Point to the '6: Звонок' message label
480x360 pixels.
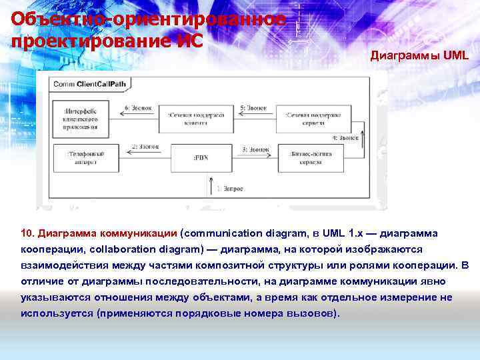click(x=138, y=107)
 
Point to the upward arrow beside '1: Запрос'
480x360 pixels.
click(x=211, y=187)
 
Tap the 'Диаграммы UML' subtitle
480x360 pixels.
click(x=419, y=56)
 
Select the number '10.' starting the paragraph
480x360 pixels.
click(x=28, y=234)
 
